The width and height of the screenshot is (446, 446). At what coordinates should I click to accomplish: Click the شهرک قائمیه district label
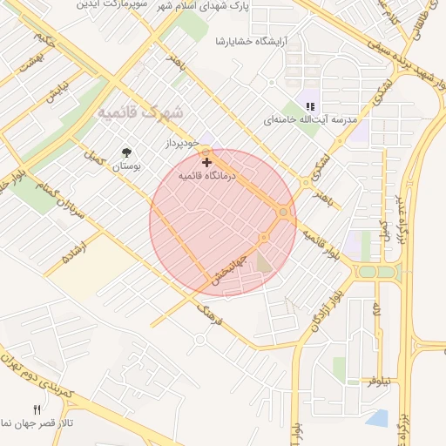coord(140,112)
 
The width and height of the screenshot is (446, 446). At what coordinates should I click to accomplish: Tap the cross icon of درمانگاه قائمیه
coord(206,162)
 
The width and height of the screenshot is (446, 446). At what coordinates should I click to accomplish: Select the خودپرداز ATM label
coord(183,141)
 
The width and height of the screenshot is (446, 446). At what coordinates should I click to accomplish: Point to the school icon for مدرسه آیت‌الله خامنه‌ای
coord(310,106)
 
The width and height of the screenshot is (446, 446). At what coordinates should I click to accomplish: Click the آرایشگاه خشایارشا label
coord(252,41)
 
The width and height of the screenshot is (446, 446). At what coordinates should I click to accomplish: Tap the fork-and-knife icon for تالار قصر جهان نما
coord(37,409)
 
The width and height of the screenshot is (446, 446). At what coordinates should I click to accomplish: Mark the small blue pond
coord(377,418)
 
